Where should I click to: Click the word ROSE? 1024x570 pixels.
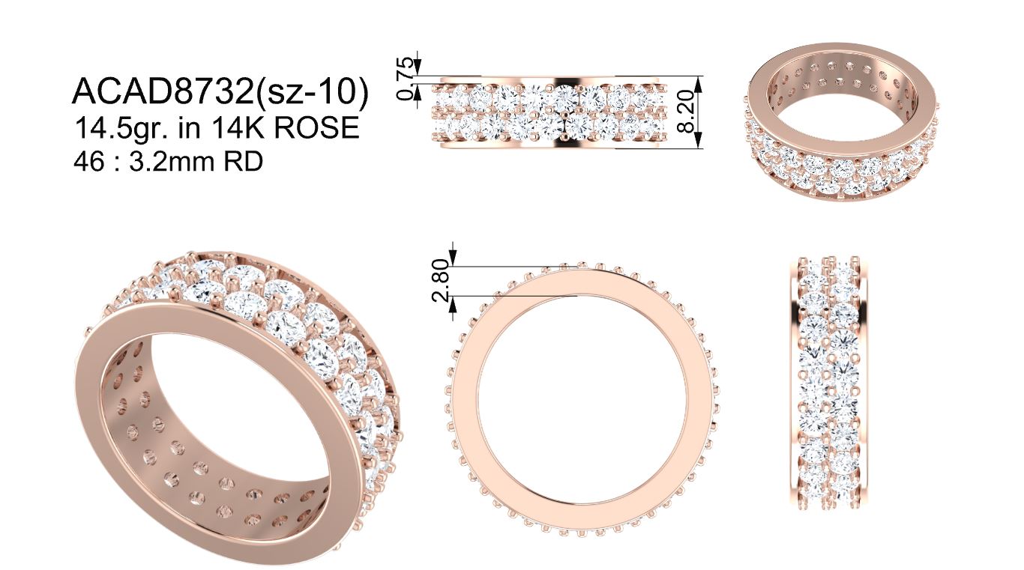click(316, 127)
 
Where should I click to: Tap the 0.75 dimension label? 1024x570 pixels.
click(406, 79)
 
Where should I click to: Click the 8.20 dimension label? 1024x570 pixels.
click(686, 112)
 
